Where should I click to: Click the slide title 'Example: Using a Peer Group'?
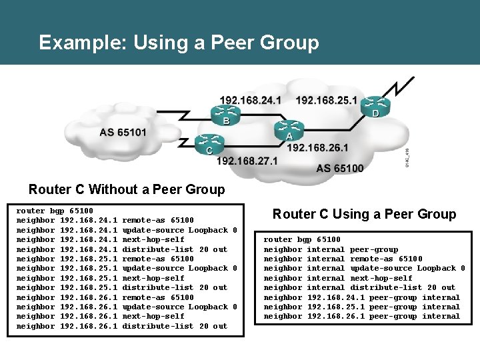click(x=179, y=43)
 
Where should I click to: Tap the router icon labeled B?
click(x=226, y=111)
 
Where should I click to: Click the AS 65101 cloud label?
click(x=123, y=132)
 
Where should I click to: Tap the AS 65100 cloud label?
click(x=340, y=168)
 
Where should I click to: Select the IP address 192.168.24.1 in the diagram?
click(x=250, y=100)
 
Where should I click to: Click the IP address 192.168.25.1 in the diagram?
click(x=326, y=100)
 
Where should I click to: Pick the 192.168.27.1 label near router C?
click(x=247, y=161)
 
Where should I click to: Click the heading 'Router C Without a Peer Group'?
click(x=127, y=189)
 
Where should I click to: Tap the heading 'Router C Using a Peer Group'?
click(x=364, y=214)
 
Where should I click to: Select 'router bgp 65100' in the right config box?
click(x=302, y=239)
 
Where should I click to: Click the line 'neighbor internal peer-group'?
click(x=331, y=249)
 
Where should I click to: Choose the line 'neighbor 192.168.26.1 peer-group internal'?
click(x=361, y=316)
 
